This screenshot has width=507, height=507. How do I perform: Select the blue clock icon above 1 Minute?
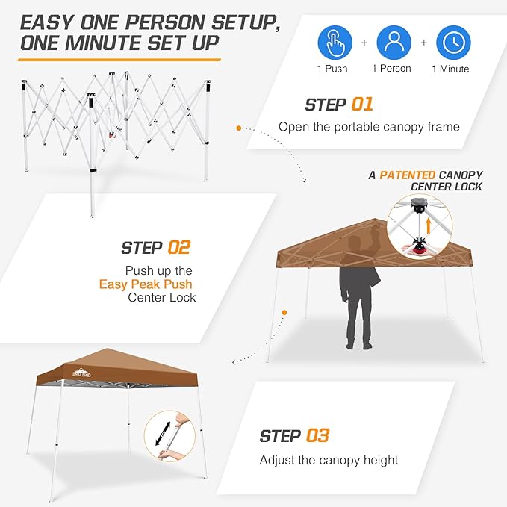tap(452, 43)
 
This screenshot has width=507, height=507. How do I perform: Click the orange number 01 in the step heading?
tap(361, 105)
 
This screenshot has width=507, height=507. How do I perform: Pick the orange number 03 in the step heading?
tap(317, 435)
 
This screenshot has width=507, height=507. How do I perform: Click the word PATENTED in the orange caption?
tap(408, 175)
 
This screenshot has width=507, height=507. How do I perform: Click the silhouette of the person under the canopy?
tap(358, 291)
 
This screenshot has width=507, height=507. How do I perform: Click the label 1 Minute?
tap(450, 69)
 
